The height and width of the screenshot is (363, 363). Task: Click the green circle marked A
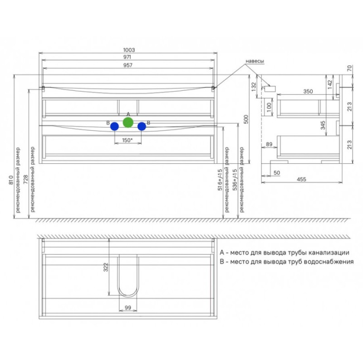coord(128,122)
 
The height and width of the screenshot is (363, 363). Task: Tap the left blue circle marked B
coord(115,127)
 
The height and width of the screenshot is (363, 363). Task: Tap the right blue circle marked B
coord(142,127)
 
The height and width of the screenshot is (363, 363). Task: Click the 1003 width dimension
coord(129,50)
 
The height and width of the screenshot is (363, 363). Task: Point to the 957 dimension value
coord(128,65)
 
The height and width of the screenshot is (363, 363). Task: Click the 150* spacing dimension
coord(128,140)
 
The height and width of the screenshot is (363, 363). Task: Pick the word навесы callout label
coord(255,61)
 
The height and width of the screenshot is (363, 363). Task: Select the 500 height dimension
coord(246,119)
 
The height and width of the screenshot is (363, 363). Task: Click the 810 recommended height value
coord(10,180)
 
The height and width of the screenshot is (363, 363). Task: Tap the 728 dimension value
coord(26,179)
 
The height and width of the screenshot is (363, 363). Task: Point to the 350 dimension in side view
coord(308,92)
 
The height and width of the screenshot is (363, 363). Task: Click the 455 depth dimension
coord(301,179)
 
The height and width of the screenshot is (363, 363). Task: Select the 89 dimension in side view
coord(269,144)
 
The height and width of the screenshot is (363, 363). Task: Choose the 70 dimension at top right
coord(349,69)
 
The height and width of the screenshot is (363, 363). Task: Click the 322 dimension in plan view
coord(106,267)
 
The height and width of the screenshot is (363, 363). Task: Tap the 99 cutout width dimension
coord(128,308)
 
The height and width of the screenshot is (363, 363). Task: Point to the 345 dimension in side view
coord(323,125)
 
